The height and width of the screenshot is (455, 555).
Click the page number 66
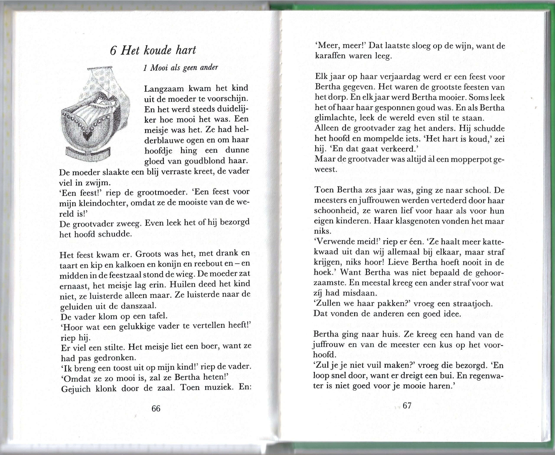[156, 408]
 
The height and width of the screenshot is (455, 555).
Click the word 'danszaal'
[139, 306]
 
